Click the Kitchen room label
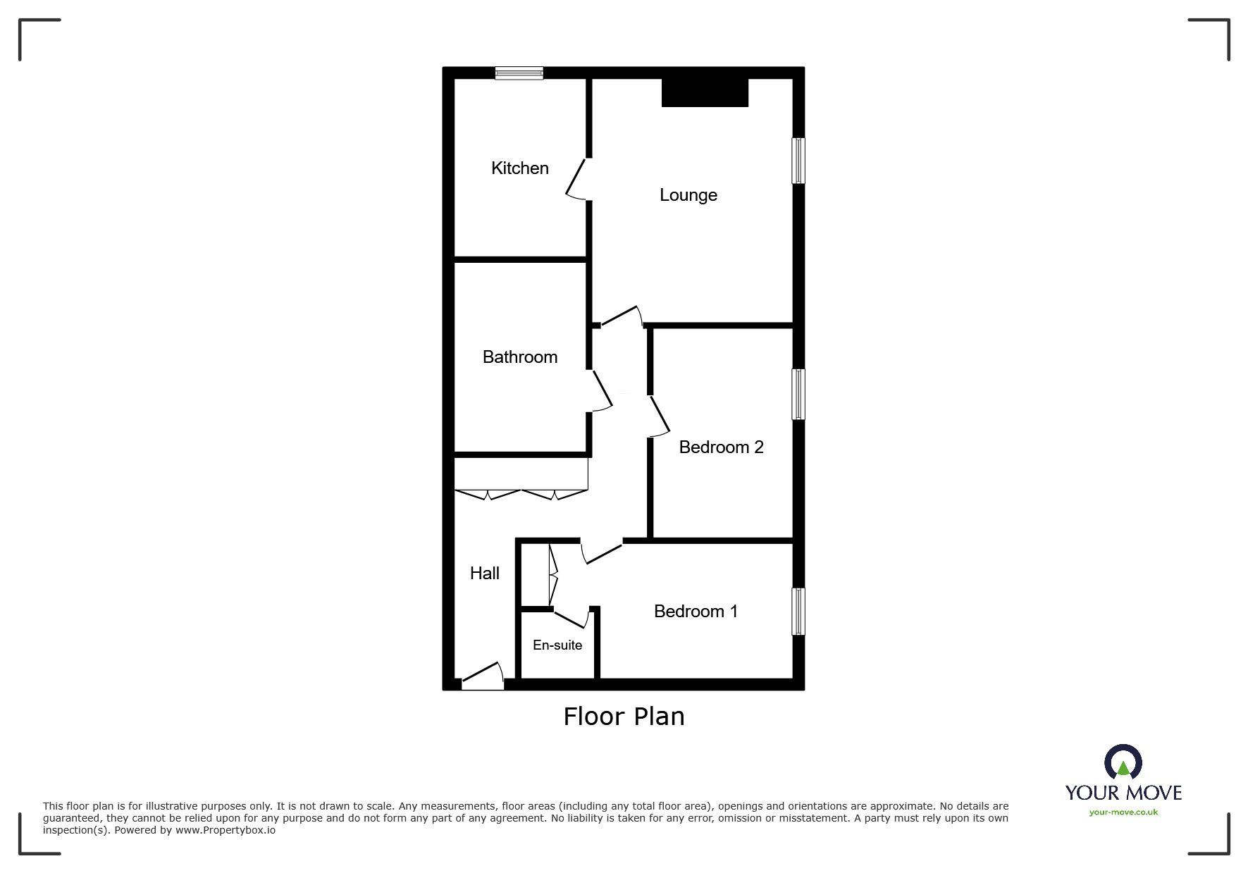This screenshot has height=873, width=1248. click(x=519, y=168)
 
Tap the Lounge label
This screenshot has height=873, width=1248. click(x=688, y=195)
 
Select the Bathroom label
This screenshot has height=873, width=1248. click(x=519, y=357)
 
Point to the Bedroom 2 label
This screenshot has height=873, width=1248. click(x=721, y=447)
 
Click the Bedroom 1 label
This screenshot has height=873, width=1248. click(x=696, y=612)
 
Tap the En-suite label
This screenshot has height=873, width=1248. click(x=557, y=645)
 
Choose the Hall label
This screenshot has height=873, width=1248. click(x=484, y=574)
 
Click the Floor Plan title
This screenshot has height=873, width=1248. click(x=624, y=717)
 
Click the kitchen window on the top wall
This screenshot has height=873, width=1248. click(x=519, y=73)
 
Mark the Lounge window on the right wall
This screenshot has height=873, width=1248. click(x=798, y=161)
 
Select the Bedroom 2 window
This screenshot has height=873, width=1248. click(x=798, y=394)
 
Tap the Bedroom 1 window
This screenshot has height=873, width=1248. click(x=798, y=612)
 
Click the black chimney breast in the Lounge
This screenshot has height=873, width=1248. click(x=705, y=93)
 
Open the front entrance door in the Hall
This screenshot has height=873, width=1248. click(x=483, y=677)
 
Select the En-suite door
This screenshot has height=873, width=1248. click(x=572, y=618)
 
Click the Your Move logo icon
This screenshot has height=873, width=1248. click(x=1123, y=763)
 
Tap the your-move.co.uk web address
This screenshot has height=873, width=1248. click(x=1123, y=812)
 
